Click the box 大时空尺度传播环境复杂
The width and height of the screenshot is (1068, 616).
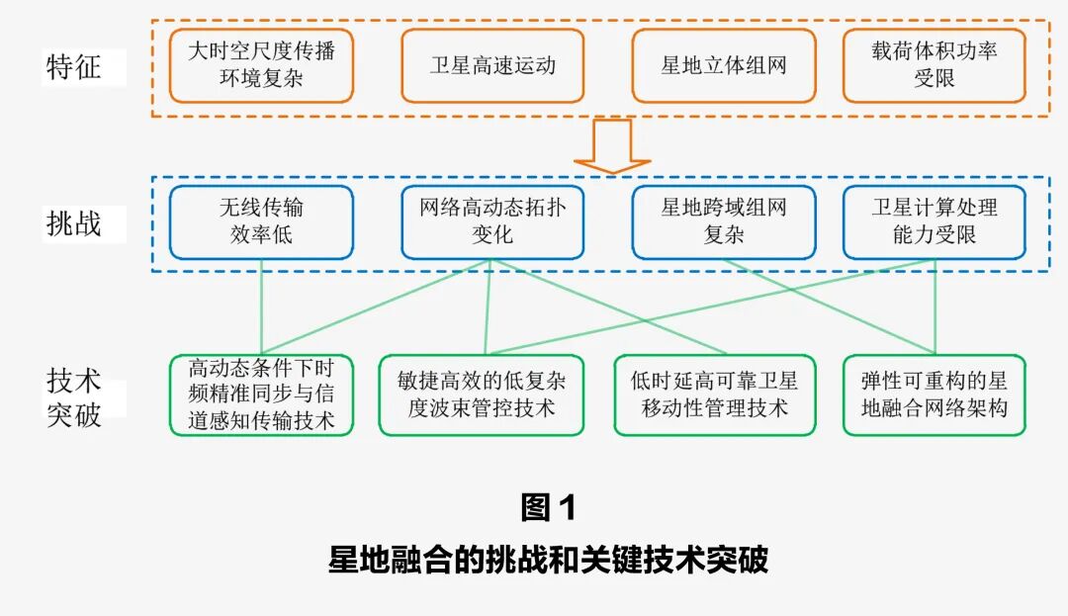coord(261,65)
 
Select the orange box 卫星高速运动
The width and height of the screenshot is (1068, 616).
coord(492,65)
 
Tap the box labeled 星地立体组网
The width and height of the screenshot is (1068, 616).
coord(724,65)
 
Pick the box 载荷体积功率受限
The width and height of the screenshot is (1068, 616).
coord(934,65)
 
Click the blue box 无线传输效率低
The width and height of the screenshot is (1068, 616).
coord(261,222)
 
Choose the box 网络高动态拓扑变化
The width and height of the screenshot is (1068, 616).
coord(492,222)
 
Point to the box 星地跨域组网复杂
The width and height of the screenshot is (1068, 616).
coord(724,222)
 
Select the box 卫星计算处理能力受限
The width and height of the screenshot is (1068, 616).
coord(934,222)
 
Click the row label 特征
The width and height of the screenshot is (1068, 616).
coord(73,67)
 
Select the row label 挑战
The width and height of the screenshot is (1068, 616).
coord(73,223)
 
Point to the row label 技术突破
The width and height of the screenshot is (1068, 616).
coord(73,396)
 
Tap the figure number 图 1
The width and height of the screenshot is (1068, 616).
coord(547,507)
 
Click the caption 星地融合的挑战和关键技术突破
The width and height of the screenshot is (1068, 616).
coord(547,560)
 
